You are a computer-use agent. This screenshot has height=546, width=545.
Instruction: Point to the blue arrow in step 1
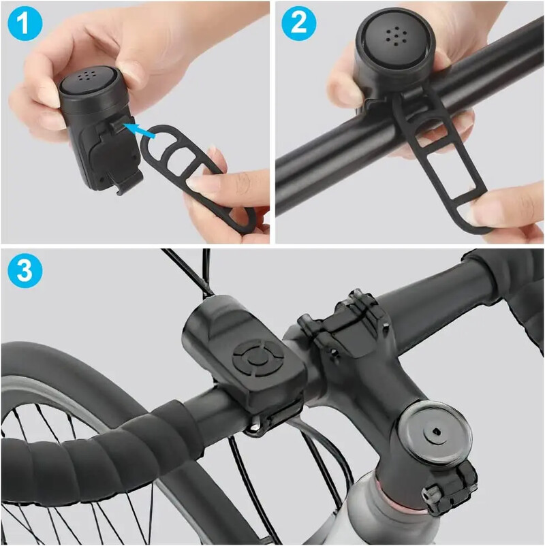(x=142, y=129)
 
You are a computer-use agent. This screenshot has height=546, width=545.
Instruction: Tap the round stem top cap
(x=433, y=428)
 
